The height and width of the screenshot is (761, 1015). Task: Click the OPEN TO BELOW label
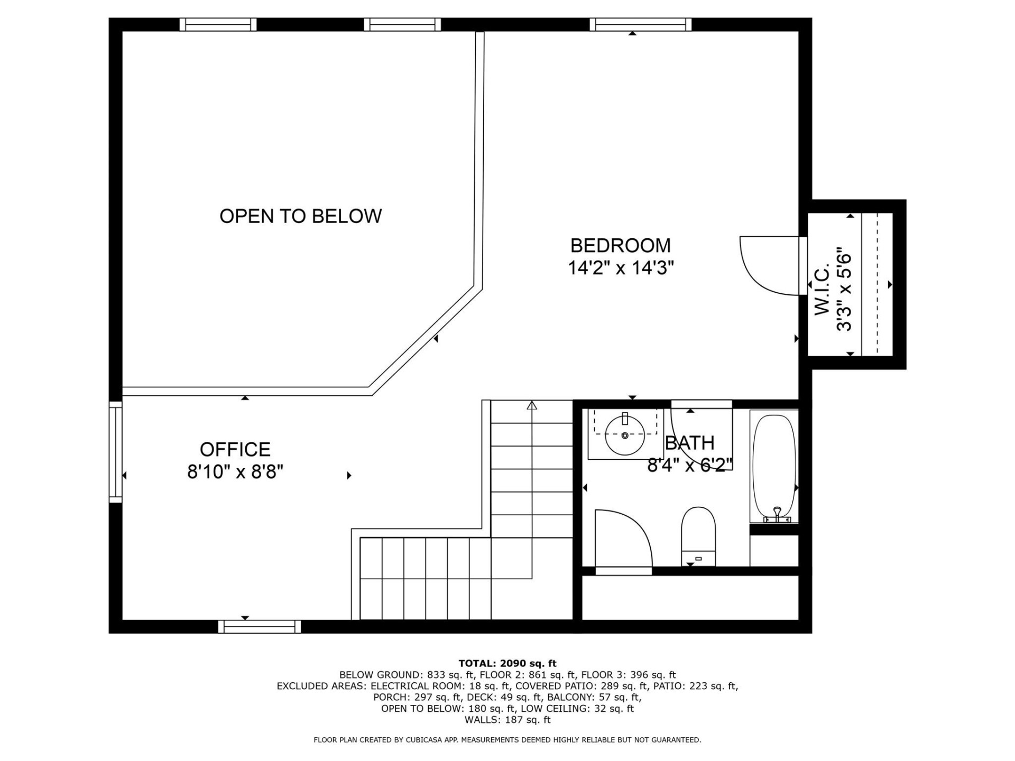point(300,216)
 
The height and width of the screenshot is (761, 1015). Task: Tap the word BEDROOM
point(621,246)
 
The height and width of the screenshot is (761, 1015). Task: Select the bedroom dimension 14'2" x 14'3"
point(621,268)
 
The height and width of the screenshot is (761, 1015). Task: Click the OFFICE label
point(235,450)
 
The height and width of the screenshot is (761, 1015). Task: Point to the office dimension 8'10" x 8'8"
point(235,472)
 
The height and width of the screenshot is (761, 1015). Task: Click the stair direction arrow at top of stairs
point(532,405)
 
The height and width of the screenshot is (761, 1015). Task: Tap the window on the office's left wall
point(115,452)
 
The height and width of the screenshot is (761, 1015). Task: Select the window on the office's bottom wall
point(259,627)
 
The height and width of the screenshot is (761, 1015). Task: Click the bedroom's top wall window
point(641,24)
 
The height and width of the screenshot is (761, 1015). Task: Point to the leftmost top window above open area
point(218,24)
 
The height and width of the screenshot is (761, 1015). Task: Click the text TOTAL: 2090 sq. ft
point(508,663)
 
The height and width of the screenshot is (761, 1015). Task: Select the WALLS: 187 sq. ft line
point(508,720)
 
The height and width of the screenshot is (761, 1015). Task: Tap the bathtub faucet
point(777,514)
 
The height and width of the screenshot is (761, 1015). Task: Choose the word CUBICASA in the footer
point(424,740)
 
